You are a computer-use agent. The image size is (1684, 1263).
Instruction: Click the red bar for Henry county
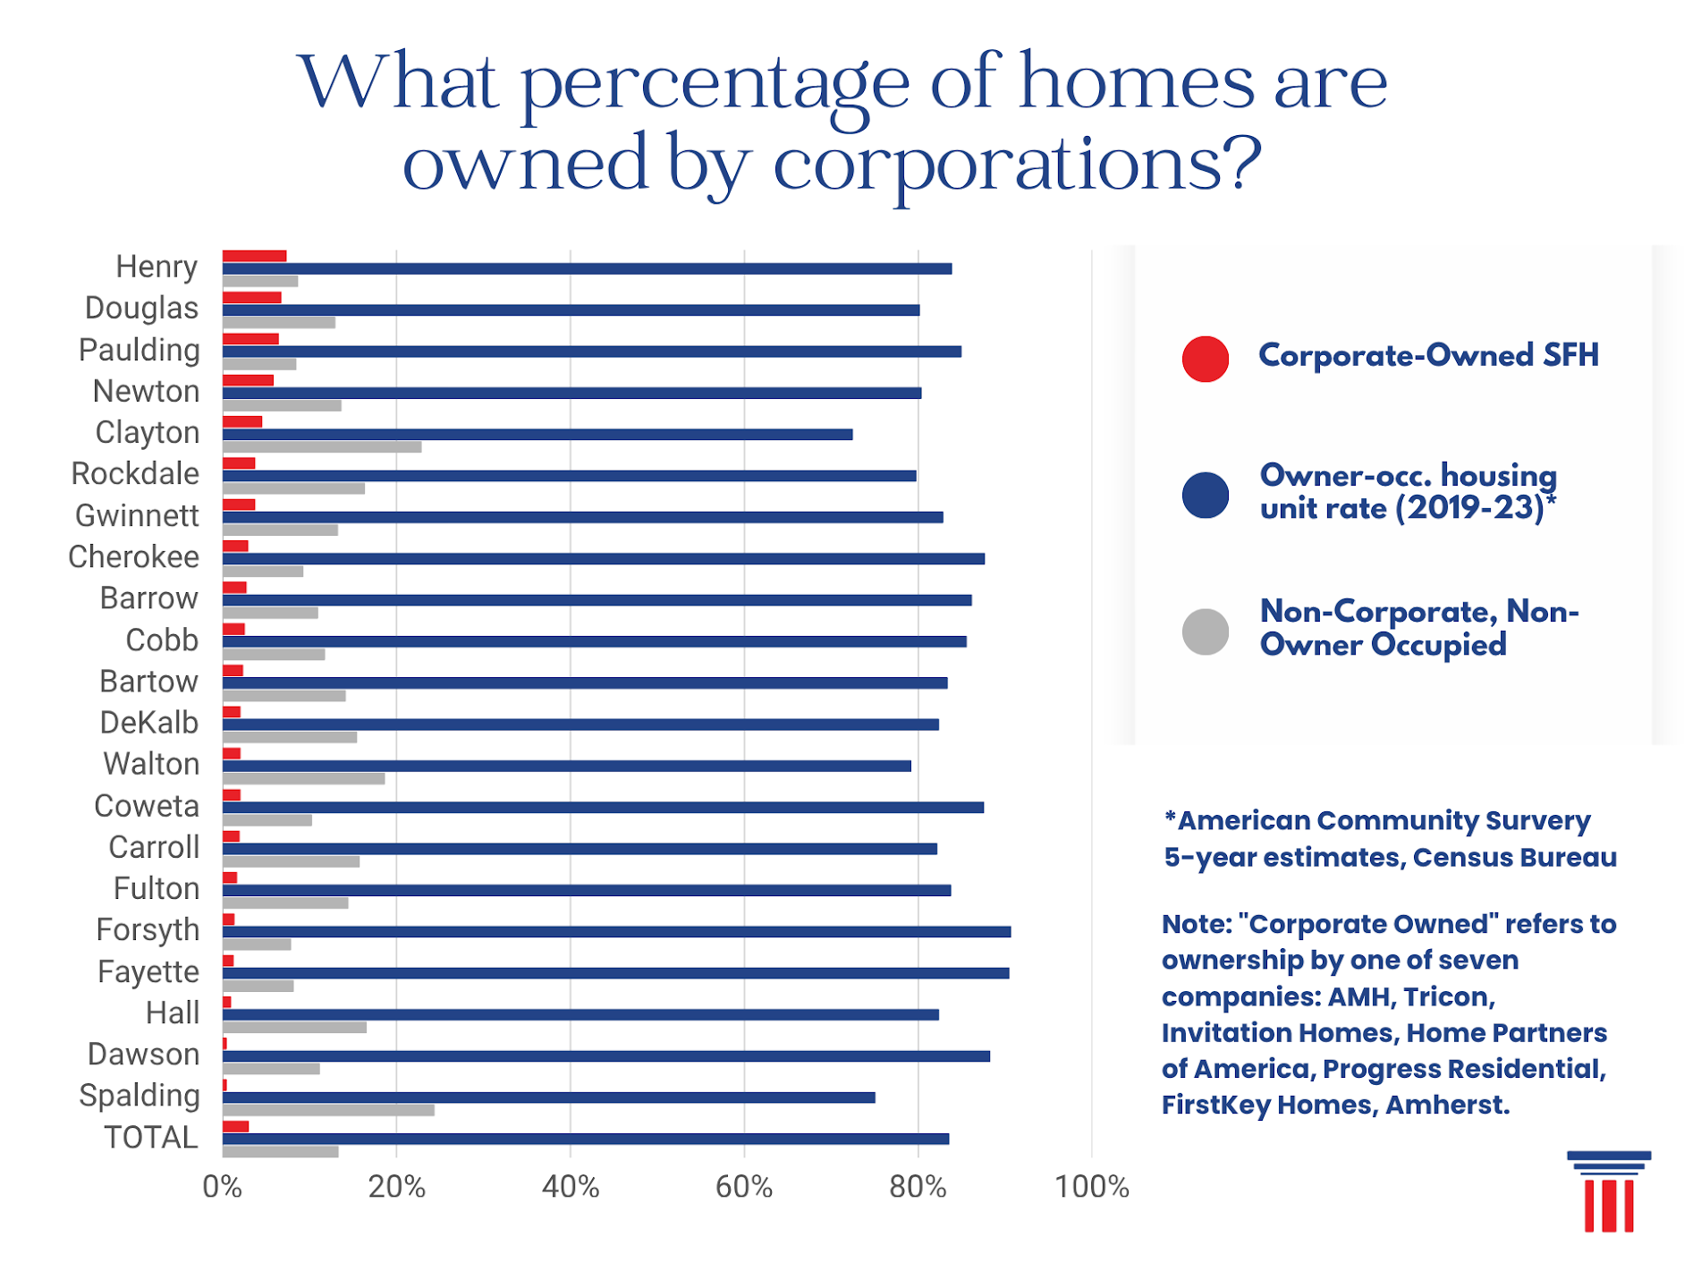[254, 257]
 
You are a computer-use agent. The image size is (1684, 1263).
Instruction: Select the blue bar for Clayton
[537, 435]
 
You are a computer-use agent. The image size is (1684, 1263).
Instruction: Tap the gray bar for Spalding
[328, 1110]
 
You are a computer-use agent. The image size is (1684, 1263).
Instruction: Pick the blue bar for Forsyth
[616, 932]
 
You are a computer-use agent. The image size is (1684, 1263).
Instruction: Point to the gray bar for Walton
[303, 779]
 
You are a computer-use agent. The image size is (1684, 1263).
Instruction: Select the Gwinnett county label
[137, 516]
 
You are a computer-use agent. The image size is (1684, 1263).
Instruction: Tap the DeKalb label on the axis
[148, 723]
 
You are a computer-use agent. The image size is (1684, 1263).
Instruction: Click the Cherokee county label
[133, 557]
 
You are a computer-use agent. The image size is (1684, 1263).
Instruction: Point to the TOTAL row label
[150, 1138]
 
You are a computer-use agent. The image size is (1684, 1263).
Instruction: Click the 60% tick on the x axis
[743, 1187]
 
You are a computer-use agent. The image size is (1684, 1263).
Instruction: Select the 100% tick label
[1091, 1187]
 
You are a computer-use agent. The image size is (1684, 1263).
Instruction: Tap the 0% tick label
[222, 1187]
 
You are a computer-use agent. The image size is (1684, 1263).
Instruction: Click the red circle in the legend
[1205, 360]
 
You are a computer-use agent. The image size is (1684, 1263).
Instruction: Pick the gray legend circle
[1205, 632]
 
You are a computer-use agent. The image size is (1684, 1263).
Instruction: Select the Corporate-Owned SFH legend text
[1428, 356]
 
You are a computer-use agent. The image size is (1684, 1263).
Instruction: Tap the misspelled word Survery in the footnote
[1537, 821]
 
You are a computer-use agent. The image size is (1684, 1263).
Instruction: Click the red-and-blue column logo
[1608, 1191]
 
